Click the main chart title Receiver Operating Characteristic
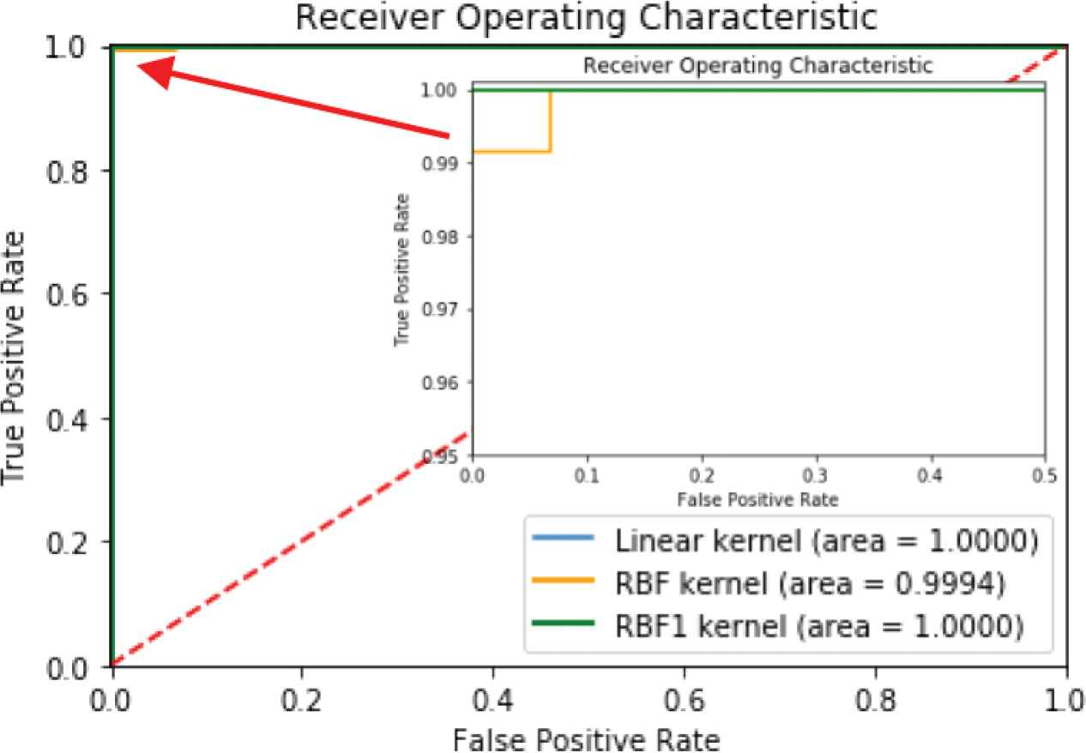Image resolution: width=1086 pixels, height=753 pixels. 586,18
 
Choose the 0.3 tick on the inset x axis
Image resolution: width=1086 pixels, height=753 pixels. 816,473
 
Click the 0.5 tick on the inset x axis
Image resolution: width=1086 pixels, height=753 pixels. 1045,473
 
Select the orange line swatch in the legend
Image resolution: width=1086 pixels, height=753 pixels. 564,584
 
